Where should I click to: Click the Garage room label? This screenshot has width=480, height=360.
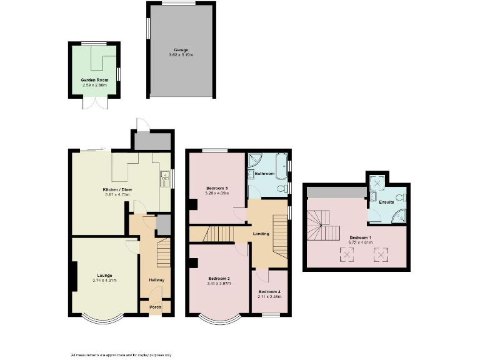tap(181, 50)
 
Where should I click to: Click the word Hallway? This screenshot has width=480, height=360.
tap(156, 279)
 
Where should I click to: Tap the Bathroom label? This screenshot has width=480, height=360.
tap(264, 173)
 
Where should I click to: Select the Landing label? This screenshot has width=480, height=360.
tap(261, 234)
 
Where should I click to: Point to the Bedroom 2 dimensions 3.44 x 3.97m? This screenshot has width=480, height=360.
tap(219, 283)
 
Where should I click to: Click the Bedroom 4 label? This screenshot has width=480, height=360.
tap(270, 292)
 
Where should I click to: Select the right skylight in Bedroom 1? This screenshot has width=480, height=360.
tap(379, 254)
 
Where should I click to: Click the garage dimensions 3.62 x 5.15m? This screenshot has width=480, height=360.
tap(181, 56)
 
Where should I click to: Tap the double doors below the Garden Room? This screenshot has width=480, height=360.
tap(91, 103)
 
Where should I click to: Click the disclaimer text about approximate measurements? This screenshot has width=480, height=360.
tap(121, 355)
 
